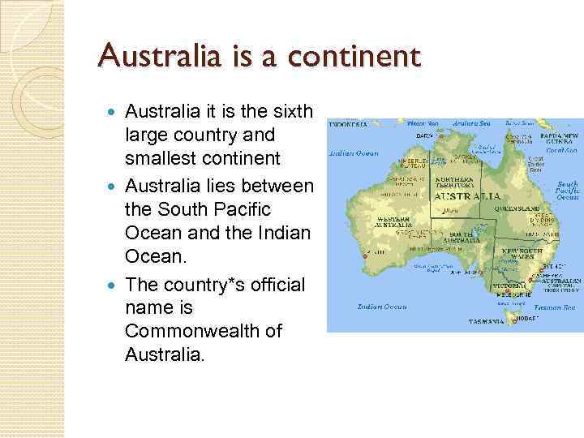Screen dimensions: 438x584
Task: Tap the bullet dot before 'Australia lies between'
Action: coord(112,187)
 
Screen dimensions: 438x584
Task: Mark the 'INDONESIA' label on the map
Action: coord(348,124)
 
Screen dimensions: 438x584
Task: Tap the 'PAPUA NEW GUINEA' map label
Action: coord(560,138)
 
